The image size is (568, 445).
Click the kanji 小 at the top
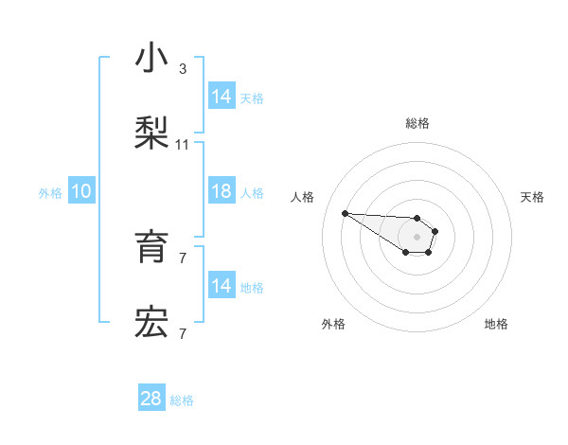(151, 59)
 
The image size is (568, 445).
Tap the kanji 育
(151, 247)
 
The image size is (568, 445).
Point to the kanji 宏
(151, 323)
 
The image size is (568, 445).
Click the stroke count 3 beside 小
(182, 69)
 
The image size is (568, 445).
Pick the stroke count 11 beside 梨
(183, 145)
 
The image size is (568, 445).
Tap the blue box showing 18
(222, 191)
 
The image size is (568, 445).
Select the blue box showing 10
(81, 191)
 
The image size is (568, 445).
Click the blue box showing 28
(151, 399)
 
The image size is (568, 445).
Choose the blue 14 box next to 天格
(222, 97)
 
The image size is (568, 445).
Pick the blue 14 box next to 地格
(222, 286)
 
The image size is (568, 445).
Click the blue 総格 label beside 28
(182, 400)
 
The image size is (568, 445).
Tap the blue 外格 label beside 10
(50, 192)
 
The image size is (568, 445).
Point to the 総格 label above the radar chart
(417, 123)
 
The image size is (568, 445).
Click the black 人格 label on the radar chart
(303, 197)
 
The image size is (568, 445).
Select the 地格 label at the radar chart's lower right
(496, 324)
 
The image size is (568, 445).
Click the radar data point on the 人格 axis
(345, 213)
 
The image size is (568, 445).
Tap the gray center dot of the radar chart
(417, 236)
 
